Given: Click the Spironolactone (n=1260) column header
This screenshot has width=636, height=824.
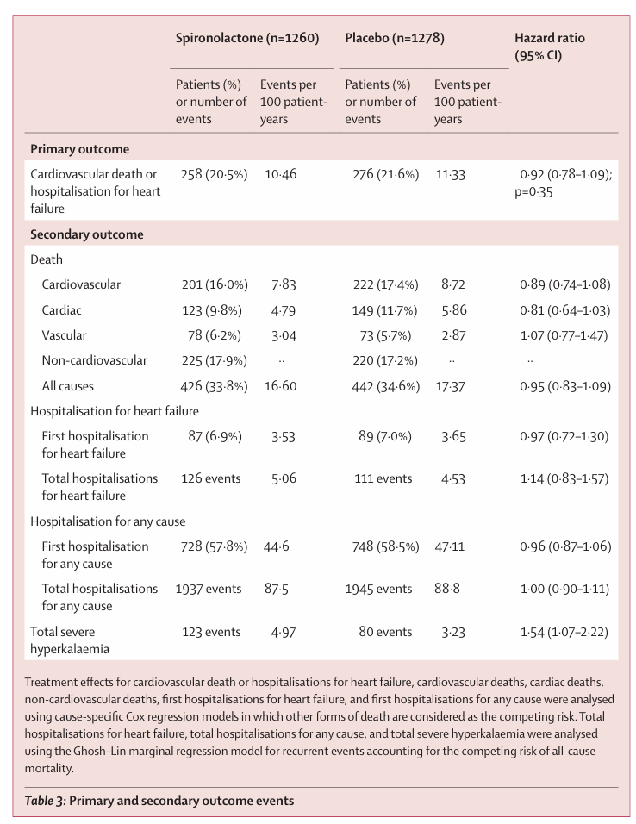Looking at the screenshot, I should pyautogui.click(x=247, y=39).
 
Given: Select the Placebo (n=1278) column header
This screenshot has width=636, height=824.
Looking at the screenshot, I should pyautogui.click(x=395, y=39).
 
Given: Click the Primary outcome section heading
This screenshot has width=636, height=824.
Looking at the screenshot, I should pyautogui.click(x=79, y=149).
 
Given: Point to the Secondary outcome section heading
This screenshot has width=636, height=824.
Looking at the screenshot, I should pyautogui.click(x=86, y=234).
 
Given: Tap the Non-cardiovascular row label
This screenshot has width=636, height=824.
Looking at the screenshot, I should pyautogui.click(x=94, y=360).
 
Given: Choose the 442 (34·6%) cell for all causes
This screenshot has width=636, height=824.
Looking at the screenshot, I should pyautogui.click(x=386, y=386).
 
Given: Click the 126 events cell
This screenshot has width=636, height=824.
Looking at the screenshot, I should pyautogui.click(x=210, y=478).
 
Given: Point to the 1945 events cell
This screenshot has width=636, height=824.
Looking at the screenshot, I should pyautogui.click(x=379, y=589).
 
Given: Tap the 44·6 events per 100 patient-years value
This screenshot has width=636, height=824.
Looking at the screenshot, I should pyautogui.click(x=277, y=546).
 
